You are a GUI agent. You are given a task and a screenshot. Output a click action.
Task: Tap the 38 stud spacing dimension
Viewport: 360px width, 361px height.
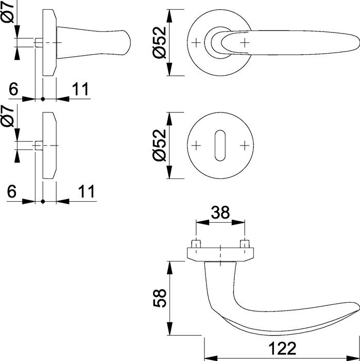(220, 212)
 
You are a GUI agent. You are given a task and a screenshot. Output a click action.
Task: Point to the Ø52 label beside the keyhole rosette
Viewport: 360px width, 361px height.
(160, 146)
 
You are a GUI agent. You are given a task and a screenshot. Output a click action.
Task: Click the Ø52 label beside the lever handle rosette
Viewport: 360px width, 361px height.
(160, 42)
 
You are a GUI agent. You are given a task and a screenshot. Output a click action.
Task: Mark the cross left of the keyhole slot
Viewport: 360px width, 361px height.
(196, 146)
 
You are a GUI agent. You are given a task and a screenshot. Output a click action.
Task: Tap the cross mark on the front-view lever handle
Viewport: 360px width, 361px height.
(244, 42)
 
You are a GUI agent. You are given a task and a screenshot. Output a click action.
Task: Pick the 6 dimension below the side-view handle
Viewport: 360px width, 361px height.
(13, 89)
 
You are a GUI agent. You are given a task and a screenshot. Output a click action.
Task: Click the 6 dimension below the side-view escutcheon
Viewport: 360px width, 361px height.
(13, 191)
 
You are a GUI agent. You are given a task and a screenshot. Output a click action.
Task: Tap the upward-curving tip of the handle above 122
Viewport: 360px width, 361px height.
(354, 306)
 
